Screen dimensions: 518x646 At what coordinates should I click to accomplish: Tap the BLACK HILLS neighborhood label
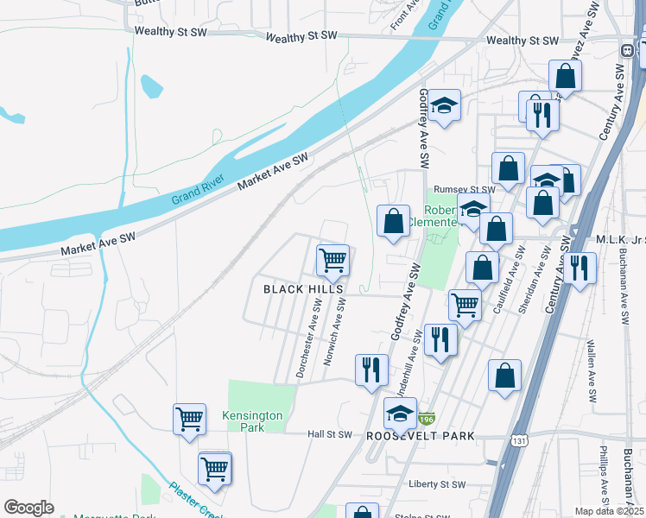tap(303, 289)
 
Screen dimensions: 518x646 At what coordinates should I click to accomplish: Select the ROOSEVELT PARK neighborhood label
tap(421, 436)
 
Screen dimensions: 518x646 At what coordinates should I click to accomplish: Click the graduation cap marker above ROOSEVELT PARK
tap(400, 414)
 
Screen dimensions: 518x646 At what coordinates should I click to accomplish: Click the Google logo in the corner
tap(28, 508)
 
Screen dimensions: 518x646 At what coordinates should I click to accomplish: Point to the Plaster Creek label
tap(194, 499)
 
